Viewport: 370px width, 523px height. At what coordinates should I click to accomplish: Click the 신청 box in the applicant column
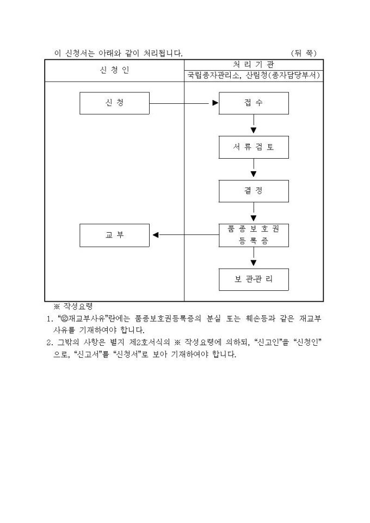click(114, 103)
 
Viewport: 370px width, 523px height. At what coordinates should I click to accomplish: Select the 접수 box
click(254, 103)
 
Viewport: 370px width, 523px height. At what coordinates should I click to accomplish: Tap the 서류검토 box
click(254, 147)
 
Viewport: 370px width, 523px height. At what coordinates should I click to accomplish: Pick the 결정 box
click(254, 191)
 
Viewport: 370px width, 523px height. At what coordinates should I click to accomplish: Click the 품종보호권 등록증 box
click(254, 235)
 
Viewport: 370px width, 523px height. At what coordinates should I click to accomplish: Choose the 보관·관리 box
click(254, 279)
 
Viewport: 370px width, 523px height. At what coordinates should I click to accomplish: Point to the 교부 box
click(114, 235)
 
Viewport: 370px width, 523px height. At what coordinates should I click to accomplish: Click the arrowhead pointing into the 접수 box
click(215, 103)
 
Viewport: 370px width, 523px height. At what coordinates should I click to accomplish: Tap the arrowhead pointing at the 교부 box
click(155, 235)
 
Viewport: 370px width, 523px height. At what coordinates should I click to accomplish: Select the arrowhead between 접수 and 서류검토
click(254, 130)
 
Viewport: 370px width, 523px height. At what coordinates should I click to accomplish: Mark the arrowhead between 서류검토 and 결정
click(254, 175)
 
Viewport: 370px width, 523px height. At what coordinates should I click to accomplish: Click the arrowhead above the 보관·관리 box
click(254, 263)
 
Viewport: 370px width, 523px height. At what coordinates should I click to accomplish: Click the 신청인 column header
click(114, 70)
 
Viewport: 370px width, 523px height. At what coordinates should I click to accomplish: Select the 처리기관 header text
click(254, 64)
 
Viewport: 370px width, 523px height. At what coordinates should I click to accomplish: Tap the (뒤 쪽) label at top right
click(304, 53)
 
